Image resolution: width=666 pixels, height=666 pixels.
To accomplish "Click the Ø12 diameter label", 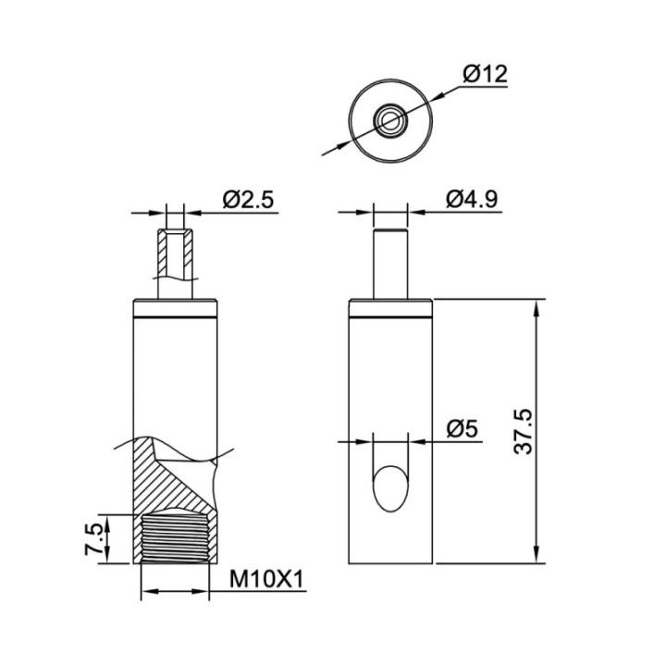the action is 485,74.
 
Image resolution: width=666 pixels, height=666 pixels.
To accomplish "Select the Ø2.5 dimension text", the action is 249,200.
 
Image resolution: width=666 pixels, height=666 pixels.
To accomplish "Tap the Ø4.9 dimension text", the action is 472,199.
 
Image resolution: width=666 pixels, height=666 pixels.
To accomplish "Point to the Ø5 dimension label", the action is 462,429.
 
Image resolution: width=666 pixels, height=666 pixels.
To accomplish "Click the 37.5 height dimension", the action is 523,432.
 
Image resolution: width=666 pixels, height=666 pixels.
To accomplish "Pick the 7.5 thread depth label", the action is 93,539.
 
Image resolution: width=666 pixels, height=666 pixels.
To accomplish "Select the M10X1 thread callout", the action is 266,579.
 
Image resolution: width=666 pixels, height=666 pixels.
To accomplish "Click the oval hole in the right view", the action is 390,489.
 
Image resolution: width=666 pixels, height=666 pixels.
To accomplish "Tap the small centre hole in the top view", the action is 389,120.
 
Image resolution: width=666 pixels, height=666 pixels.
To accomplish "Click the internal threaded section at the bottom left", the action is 175,539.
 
